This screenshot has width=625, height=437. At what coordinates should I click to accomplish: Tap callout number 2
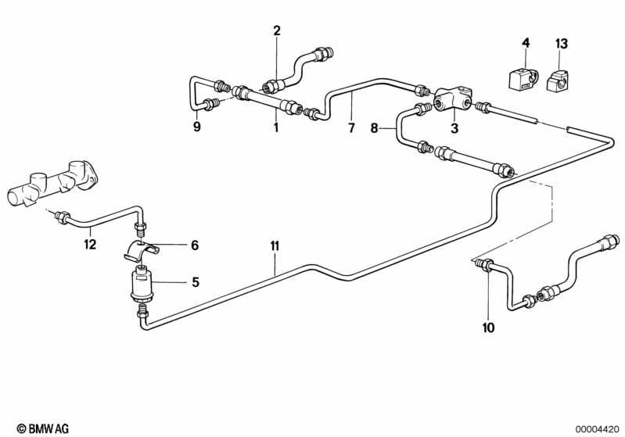[276, 30]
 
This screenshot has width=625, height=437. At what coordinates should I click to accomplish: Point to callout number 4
[526, 42]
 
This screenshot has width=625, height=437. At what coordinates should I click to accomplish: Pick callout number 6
[195, 245]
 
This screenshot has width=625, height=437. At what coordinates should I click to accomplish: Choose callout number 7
[351, 127]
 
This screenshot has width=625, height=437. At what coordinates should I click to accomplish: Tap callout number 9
[197, 127]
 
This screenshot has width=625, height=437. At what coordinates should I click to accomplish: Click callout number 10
[488, 328]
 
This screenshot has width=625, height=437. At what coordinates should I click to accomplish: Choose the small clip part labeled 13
[559, 79]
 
